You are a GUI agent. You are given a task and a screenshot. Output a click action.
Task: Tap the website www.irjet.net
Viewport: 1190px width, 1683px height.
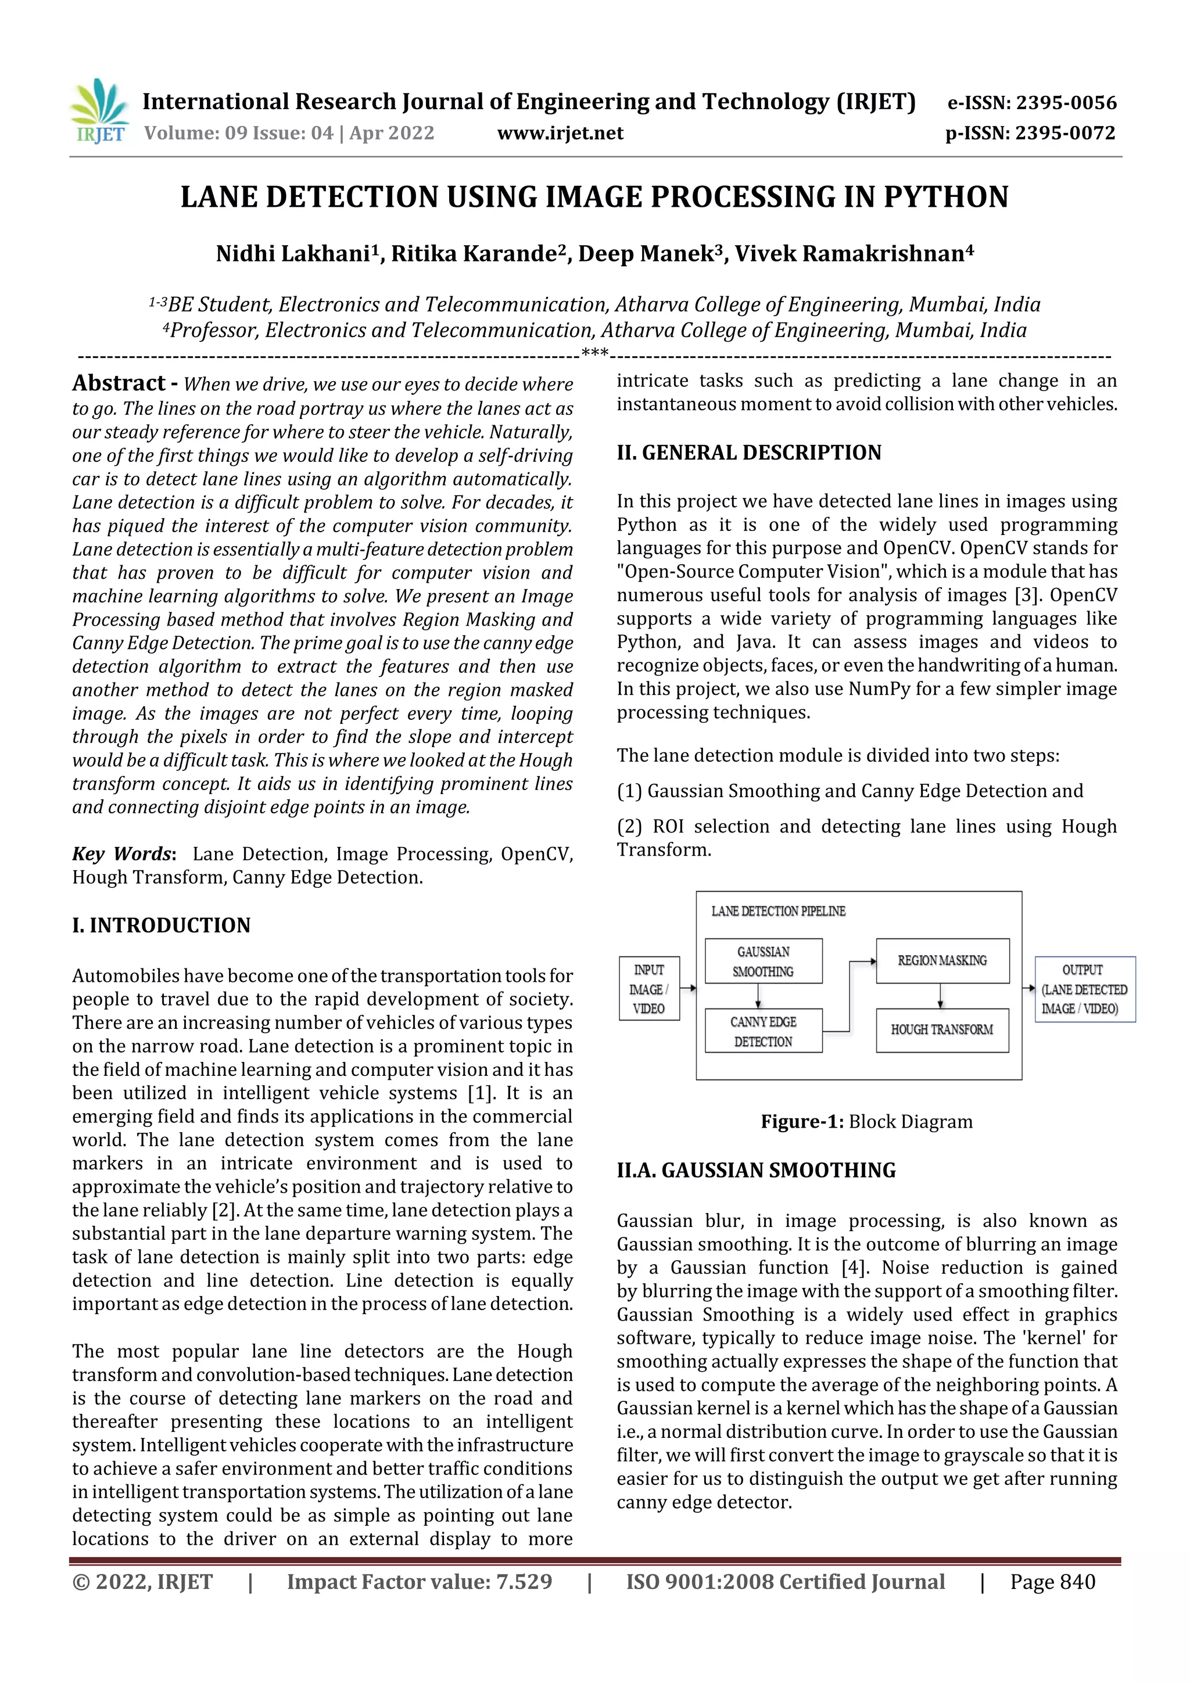pos(560,134)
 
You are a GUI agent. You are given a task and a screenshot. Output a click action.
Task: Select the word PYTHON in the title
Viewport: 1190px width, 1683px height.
pos(946,197)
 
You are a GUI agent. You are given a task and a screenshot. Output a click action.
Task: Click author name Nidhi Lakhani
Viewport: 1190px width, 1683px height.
pos(292,254)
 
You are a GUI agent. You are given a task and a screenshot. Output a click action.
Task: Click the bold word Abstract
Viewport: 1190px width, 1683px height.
pos(119,383)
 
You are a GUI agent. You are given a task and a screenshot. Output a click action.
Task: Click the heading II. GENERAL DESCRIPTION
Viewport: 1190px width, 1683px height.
pos(748,453)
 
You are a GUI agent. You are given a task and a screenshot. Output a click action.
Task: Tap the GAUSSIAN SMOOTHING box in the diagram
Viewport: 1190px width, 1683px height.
pos(764,961)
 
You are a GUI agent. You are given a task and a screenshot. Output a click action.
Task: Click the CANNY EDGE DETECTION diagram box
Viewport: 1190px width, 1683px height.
pos(764,1031)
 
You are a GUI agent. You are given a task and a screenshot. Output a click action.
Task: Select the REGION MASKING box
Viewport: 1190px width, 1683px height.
pos(942,960)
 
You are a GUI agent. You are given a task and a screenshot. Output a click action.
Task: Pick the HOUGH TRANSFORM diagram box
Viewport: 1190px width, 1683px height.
pos(942,1030)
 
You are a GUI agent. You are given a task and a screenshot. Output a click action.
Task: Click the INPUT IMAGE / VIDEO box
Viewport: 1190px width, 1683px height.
pos(649,989)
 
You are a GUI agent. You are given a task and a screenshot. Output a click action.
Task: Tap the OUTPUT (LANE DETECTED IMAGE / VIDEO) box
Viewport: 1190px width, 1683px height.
pos(1084,989)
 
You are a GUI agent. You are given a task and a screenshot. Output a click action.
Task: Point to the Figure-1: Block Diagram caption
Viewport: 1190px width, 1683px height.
pos(867,1121)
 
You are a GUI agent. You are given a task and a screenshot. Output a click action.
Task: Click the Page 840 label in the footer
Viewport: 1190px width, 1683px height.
pos(1052,1582)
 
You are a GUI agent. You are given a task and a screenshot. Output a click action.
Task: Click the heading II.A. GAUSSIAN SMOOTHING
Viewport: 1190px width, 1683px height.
pos(756,1170)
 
